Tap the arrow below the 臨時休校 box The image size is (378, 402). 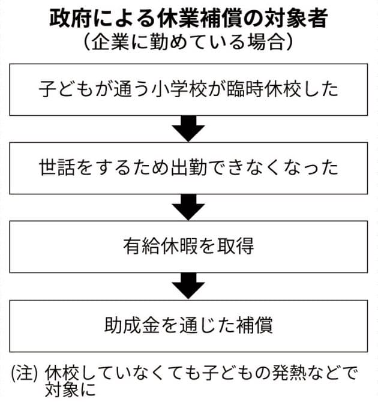point(188,129)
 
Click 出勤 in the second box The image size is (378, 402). point(189,168)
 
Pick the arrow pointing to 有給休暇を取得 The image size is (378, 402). point(188,207)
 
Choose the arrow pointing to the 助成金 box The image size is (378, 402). point(188,286)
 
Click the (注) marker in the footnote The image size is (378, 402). point(25,373)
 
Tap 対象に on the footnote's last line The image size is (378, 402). point(70,390)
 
